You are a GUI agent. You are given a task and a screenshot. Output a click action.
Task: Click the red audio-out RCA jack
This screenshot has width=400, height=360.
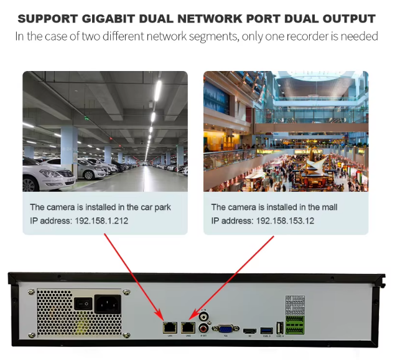(203, 327)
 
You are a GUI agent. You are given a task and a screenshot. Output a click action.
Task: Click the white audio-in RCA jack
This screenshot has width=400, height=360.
(203, 316)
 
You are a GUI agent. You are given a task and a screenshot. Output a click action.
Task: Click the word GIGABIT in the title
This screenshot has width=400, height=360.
(117, 19)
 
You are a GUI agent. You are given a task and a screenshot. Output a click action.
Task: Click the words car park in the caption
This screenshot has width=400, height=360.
(154, 207)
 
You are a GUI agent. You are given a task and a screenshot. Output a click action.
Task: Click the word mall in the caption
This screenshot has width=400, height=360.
(328, 207)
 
